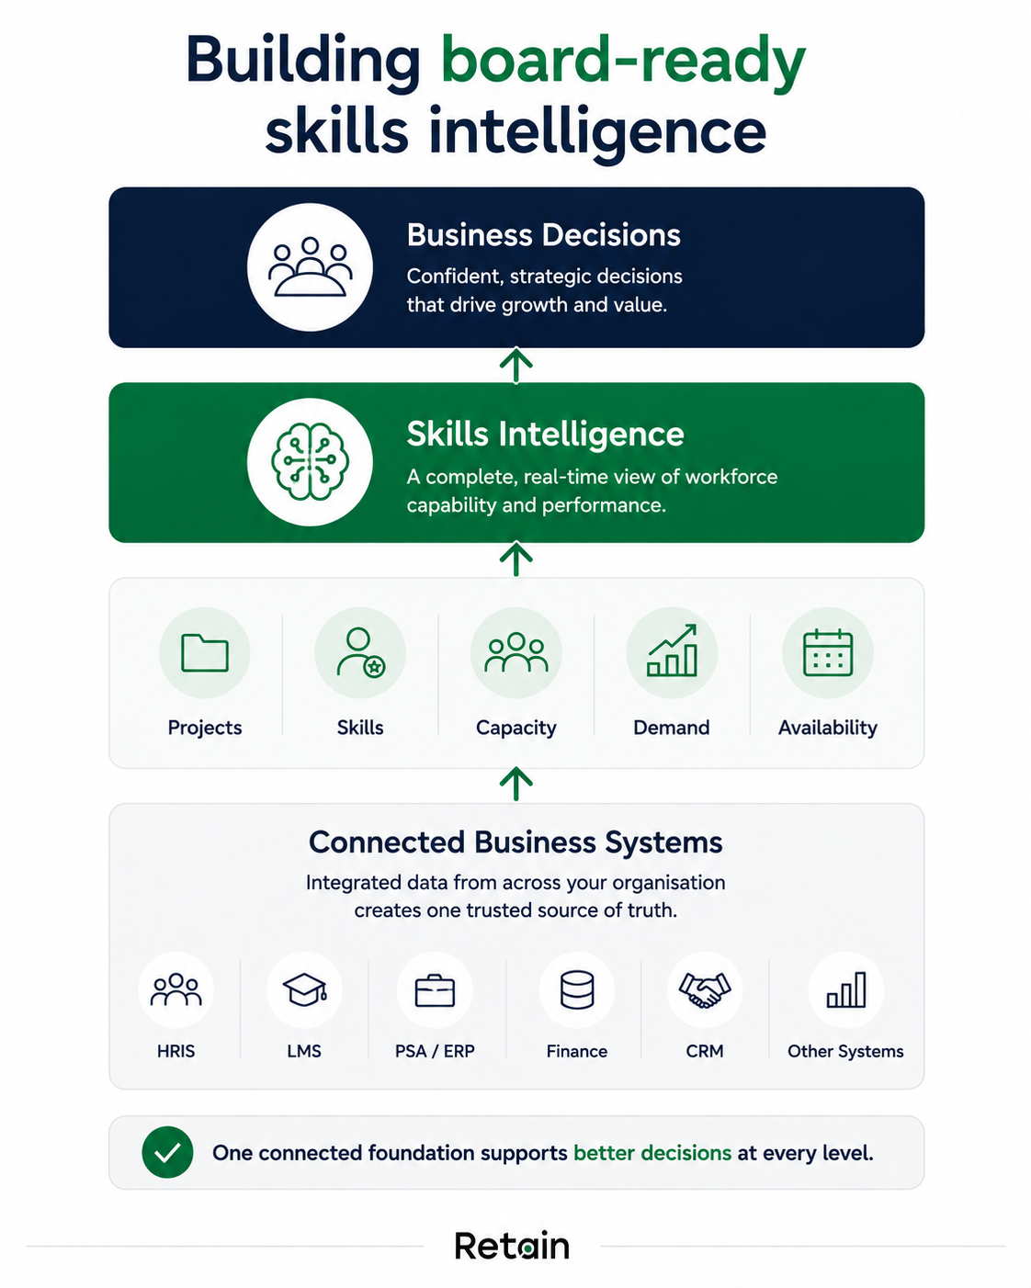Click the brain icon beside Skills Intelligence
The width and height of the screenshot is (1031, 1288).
click(310, 461)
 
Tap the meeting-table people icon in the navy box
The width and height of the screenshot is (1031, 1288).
click(310, 267)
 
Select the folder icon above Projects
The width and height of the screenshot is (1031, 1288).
click(204, 653)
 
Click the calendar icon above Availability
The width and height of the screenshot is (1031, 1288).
click(827, 653)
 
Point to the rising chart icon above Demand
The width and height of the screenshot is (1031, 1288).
click(672, 650)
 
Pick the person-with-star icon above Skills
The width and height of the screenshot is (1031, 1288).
click(360, 653)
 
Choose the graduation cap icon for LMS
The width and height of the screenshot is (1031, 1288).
click(304, 989)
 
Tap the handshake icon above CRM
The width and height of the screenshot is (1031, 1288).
click(705, 990)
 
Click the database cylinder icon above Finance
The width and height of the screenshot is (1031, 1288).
click(576, 990)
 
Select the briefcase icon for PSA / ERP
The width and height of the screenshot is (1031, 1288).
click(435, 990)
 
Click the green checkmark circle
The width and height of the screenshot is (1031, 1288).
click(167, 1152)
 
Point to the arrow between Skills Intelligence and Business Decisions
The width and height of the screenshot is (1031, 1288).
click(516, 365)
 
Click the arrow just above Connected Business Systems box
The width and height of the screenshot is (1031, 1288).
click(516, 784)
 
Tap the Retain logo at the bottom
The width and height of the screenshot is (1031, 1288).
click(512, 1246)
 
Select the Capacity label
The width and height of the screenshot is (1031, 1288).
click(516, 728)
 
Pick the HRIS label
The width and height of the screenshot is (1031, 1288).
click(176, 1051)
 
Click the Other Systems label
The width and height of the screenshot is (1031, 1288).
click(845, 1052)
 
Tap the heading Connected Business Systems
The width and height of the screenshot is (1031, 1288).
click(515, 842)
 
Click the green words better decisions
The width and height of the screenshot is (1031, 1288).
click(652, 1153)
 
